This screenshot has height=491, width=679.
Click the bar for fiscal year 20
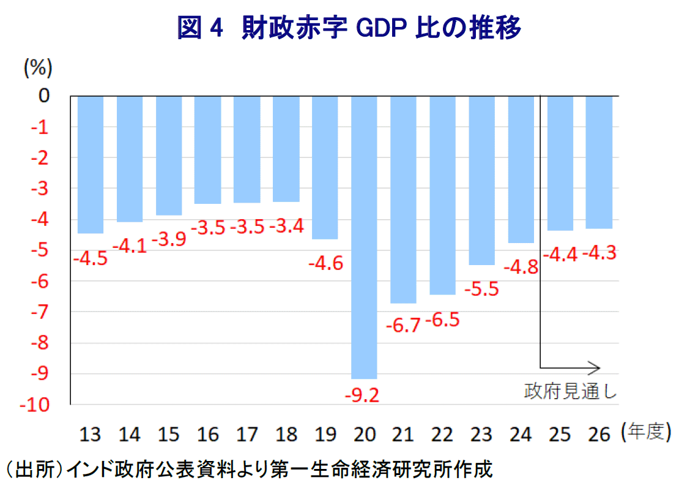[364, 237]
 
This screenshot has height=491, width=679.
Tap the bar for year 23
[481, 180]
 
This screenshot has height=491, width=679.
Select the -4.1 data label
[130, 247]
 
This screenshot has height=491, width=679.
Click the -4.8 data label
[521, 268]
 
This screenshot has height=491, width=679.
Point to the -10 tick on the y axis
[38, 405]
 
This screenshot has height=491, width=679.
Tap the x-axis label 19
[325, 434]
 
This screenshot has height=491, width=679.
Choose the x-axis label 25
[560, 434]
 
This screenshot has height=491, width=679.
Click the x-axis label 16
[207, 434]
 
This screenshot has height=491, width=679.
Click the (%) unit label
[38, 68]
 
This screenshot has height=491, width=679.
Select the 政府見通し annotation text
[570, 391]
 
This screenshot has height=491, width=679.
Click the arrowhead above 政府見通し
[595, 368]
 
